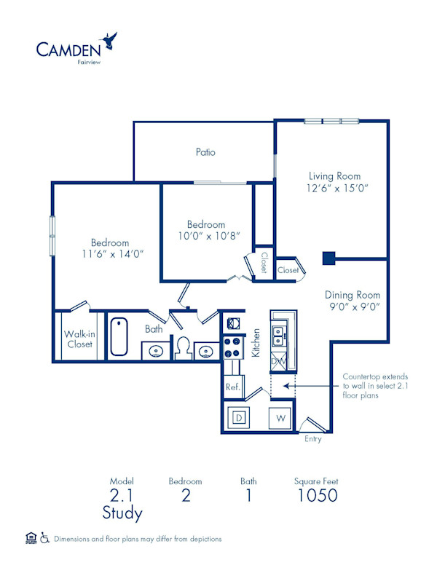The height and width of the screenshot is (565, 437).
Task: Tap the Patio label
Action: pyautogui.click(x=205, y=152)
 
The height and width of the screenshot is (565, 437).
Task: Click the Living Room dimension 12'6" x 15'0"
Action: pyautogui.click(x=334, y=187)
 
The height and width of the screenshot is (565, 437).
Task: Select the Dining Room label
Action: pyautogui.click(x=353, y=295)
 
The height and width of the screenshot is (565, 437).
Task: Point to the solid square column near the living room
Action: pyautogui.click(x=328, y=257)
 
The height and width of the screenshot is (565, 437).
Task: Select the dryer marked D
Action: pyautogui.click(x=238, y=418)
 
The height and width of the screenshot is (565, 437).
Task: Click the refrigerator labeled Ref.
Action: pyautogui.click(x=233, y=386)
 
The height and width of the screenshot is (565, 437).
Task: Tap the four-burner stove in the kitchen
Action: pyautogui.click(x=233, y=347)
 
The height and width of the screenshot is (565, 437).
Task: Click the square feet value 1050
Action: pyautogui.click(x=316, y=496)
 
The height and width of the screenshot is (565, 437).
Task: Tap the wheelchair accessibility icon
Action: pyautogui.click(x=44, y=538)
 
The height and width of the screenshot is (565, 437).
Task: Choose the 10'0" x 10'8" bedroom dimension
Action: pyautogui.click(x=206, y=236)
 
